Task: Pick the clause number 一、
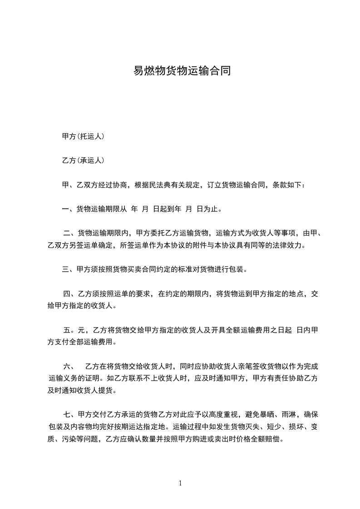point(69,209)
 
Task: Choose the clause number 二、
point(70,234)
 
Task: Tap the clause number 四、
point(70,294)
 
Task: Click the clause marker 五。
point(70,329)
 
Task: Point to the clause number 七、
point(70,414)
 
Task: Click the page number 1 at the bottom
point(180,483)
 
